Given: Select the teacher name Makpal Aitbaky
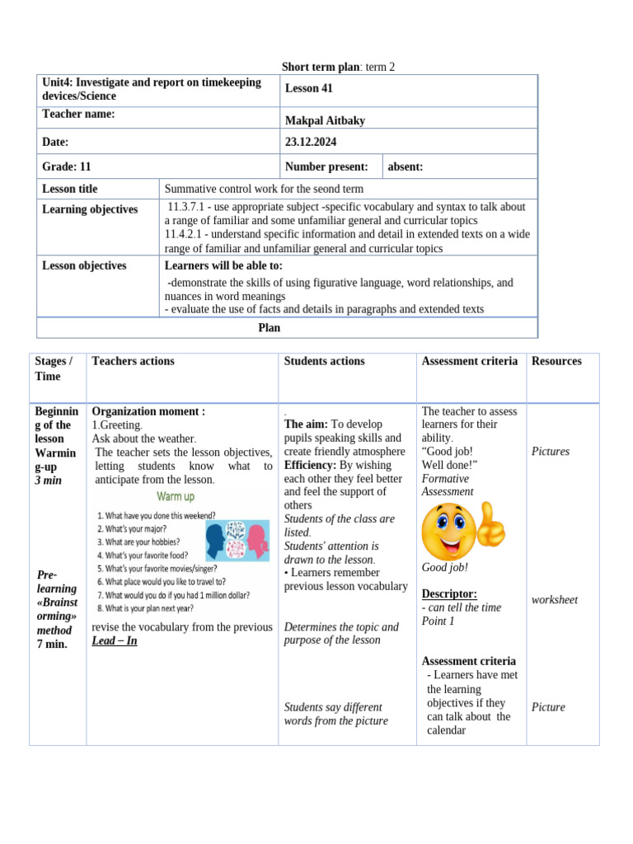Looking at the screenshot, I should pos(325,121).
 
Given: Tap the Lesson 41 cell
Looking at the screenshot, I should pos(308,89).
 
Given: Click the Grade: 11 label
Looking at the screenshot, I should pos(67,166).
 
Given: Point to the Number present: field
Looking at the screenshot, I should pos(326,166).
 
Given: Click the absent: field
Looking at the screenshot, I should pos(406,166).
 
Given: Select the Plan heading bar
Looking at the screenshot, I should pos(270,328).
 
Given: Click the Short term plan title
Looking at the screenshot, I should pos(338,67).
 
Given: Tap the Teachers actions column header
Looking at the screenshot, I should pos(134,361).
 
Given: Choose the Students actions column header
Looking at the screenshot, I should pos(324,361).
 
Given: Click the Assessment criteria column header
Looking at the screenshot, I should pos(470,361).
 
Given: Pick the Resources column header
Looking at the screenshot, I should pos(556,361).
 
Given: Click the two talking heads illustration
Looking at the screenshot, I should pos(237,541).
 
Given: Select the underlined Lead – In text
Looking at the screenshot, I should pos(115,640).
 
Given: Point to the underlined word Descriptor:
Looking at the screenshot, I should pos(449,593).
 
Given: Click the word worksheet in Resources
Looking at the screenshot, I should pos(555,600).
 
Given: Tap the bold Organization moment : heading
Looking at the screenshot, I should pos(148,411).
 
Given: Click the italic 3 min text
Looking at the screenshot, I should pos(48,481).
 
